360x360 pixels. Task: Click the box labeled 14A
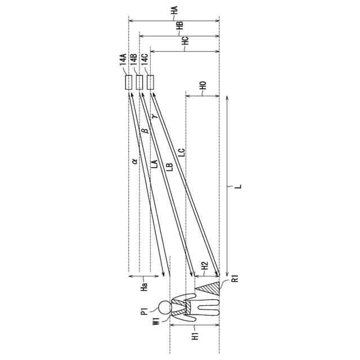pyautogui.click(x=129, y=82)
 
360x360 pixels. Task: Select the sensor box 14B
pyautogui.click(x=139, y=82)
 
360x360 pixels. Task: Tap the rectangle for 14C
pyautogui.click(x=150, y=82)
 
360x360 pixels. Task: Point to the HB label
pyautogui.click(x=180, y=26)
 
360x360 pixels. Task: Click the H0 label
pyautogui.click(x=203, y=85)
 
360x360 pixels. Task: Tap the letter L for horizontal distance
pyautogui.click(x=238, y=186)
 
